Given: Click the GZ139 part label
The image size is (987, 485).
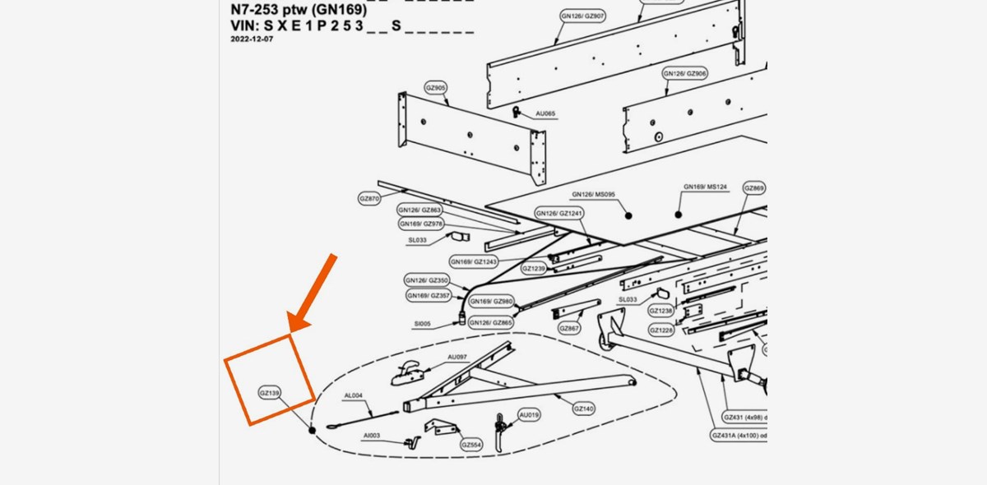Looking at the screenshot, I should (x=270, y=393).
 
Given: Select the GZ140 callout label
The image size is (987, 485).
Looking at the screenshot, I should (x=583, y=409).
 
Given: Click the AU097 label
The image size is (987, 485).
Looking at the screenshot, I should (x=457, y=357).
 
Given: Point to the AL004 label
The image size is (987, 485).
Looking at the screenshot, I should (x=353, y=395).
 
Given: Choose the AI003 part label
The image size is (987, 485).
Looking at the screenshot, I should (x=372, y=435).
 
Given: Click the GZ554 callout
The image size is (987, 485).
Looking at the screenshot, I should (x=471, y=445).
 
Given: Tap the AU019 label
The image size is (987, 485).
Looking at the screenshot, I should (x=530, y=415).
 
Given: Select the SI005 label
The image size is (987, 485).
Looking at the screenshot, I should (x=423, y=324).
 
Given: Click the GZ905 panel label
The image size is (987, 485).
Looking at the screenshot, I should (x=436, y=87).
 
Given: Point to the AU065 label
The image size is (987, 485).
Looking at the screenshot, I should (x=545, y=113).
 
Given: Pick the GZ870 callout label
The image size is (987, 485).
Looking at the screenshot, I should (x=369, y=199).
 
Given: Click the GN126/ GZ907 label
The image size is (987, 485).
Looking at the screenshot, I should (x=583, y=16).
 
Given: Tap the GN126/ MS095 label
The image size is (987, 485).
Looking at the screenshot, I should (x=594, y=195).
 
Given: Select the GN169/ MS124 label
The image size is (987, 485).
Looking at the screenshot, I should (x=706, y=187).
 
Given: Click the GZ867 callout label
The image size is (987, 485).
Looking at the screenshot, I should (x=569, y=328).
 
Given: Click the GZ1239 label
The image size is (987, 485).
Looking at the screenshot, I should (x=534, y=269).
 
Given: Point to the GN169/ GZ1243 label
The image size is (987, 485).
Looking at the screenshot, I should (x=474, y=261).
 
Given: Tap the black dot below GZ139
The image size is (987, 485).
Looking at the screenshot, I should (x=312, y=430).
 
